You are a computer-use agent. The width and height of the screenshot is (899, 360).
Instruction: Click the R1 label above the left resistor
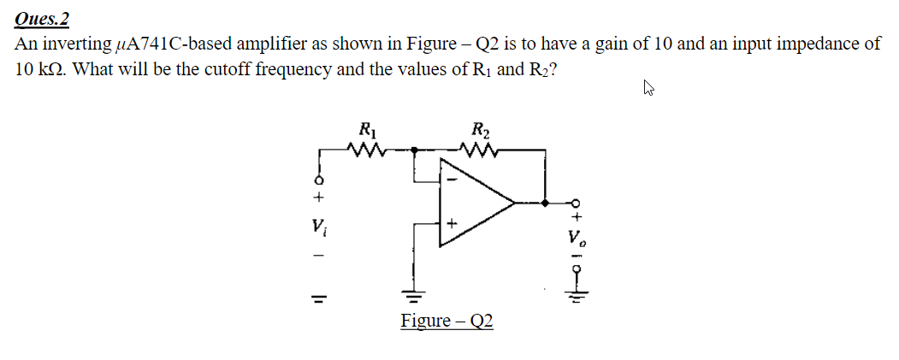367,132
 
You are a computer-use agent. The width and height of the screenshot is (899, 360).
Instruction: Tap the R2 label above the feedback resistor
481,132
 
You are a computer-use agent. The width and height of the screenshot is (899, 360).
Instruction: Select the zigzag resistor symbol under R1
369,150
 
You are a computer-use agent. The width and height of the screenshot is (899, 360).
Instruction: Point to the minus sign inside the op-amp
453,180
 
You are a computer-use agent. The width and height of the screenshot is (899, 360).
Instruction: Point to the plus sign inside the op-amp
452,225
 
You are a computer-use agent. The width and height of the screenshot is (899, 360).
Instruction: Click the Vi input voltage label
319,228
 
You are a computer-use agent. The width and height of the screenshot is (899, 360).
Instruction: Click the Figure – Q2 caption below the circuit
447,322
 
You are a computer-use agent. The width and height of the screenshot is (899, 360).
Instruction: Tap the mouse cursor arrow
648,86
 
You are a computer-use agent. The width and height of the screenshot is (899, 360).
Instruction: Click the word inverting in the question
81,44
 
